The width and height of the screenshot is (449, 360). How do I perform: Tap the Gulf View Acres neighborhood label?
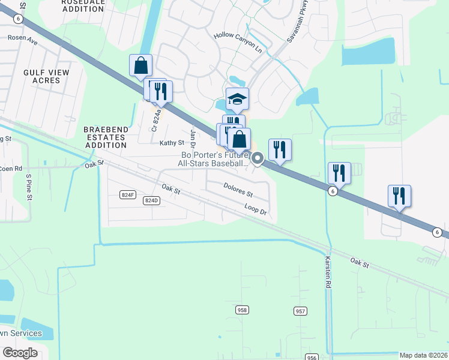[x=46, y=76]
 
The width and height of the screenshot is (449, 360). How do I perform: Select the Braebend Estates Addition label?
[x=105, y=137]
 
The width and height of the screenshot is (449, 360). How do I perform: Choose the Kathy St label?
[x=171, y=143]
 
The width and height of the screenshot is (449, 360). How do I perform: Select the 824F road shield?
[x=128, y=194]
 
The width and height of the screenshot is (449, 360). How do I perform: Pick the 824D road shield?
[x=152, y=200]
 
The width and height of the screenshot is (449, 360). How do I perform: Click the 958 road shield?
[x=242, y=310]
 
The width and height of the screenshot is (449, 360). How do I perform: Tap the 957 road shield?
[x=301, y=311]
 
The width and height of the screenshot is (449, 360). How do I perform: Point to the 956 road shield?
[x=311, y=358]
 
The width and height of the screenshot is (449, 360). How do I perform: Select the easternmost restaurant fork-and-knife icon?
[x=399, y=196]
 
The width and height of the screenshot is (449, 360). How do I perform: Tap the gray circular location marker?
[x=258, y=158]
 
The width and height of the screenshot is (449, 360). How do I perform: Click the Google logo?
[x=20, y=352]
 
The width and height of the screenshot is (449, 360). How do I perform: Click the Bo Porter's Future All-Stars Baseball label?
[x=215, y=159]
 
